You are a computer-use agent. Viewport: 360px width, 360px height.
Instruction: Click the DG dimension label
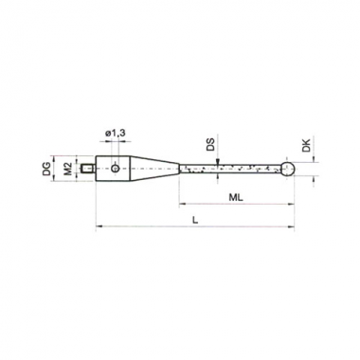coord(46,169)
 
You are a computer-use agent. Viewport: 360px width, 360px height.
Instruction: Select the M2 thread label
coord(67,169)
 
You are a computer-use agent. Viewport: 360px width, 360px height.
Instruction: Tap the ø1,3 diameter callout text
coord(115,134)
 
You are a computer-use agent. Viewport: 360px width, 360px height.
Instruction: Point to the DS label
coord(210,145)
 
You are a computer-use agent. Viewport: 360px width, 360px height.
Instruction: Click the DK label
coord(306,145)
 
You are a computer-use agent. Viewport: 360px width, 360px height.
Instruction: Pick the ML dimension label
coord(236,198)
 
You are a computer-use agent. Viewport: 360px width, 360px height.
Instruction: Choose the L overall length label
coord(195,220)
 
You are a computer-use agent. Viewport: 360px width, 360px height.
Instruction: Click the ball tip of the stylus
coord(288,169)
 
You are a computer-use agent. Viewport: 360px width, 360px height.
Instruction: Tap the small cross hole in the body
coord(116,169)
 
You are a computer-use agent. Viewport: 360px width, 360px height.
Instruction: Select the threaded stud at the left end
coord(88,169)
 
